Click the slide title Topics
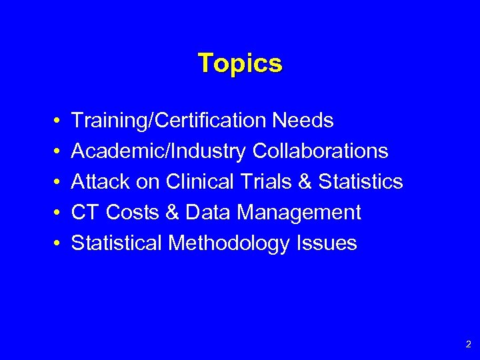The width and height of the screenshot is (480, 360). pos(240,63)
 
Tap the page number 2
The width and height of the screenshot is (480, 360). pos(468,345)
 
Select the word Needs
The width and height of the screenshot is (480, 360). pos(303,121)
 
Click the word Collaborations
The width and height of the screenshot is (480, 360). pos(320,151)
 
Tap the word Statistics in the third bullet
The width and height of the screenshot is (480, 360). pos(361,182)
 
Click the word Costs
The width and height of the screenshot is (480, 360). pos(131,213)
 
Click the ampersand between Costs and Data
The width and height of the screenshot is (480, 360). pos(171,213)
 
